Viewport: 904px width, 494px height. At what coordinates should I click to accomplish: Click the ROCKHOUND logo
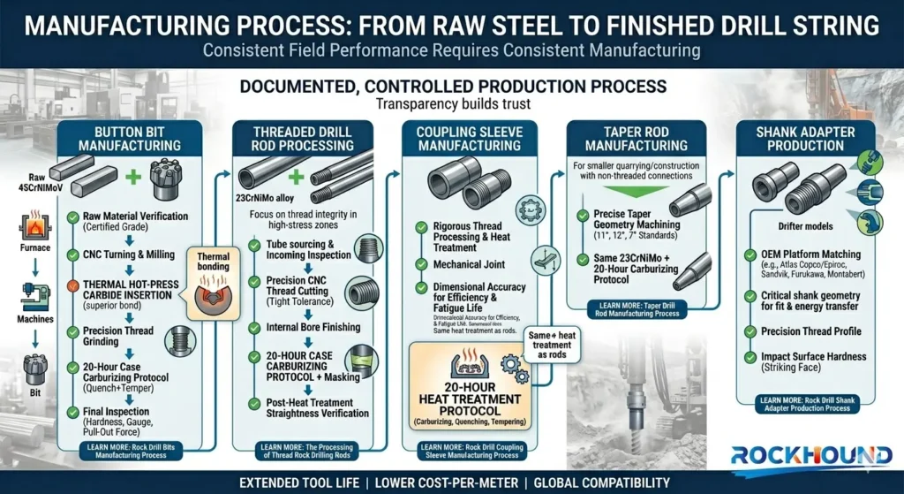point(810,456)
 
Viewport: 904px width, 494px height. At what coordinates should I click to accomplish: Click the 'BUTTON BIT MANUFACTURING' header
point(130,138)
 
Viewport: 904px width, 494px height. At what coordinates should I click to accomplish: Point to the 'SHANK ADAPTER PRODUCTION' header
point(805,138)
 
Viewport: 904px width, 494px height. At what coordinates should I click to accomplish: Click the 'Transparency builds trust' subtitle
point(453,103)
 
